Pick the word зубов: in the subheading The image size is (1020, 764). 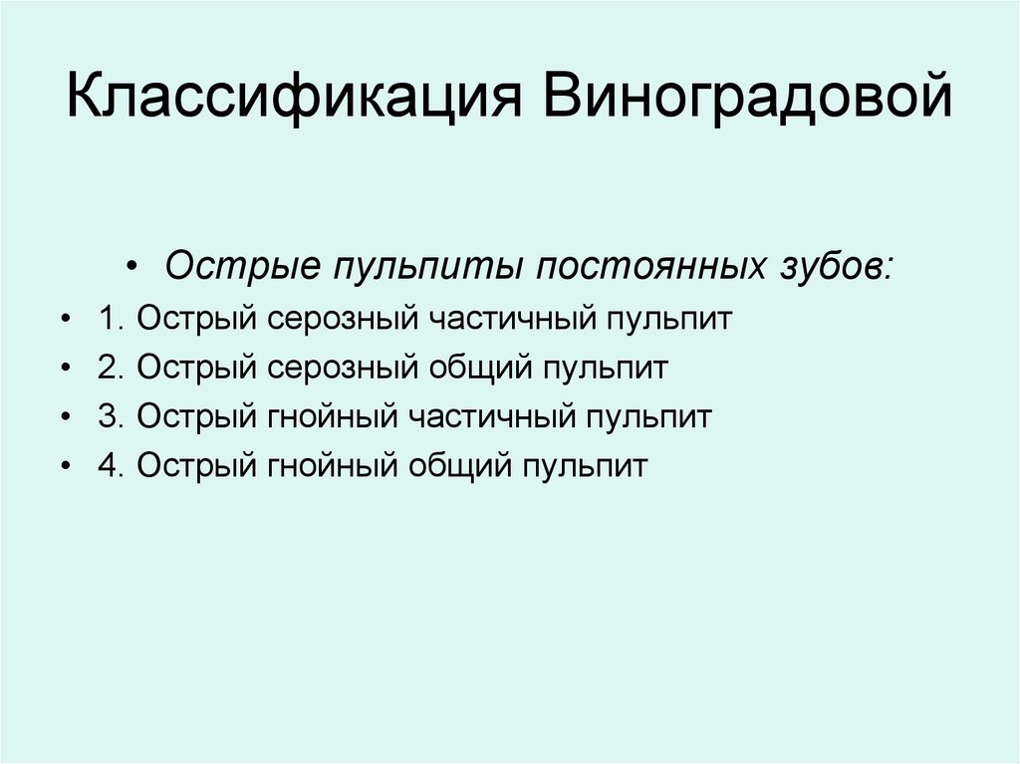833,267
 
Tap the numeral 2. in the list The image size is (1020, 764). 111,368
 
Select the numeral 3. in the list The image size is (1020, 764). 111,416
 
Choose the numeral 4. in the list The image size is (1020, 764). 111,465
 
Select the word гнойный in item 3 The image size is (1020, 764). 333,416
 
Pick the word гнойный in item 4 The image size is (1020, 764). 333,465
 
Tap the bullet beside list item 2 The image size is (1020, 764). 66,370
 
